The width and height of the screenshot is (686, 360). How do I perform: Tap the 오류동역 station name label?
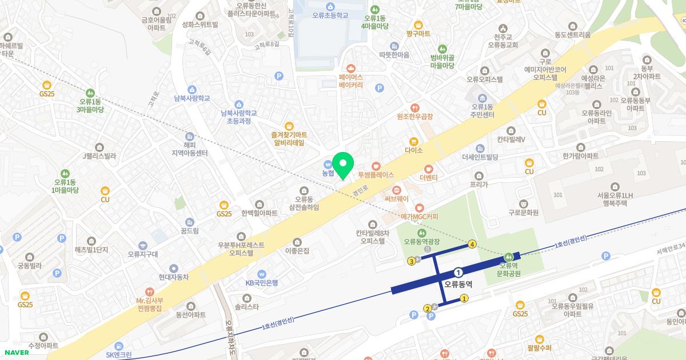point(458,283)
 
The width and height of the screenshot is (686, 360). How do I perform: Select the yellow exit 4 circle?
point(472,245)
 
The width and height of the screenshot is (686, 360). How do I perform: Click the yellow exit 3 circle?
point(411,262)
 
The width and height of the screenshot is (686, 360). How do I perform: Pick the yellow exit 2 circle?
point(427,309)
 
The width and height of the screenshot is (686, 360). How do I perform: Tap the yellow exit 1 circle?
point(464,298)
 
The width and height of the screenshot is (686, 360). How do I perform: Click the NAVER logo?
point(16,352)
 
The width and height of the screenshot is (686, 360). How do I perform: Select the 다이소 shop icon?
point(413,141)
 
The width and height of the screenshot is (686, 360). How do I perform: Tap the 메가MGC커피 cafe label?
point(419,217)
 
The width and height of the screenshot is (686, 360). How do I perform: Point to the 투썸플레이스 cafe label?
point(376,174)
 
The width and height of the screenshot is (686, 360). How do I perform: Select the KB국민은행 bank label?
point(261,282)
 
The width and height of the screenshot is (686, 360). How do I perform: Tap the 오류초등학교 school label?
point(330,15)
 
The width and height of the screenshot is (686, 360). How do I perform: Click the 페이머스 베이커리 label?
point(351,81)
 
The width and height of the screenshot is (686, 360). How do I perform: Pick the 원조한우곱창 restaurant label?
point(415,116)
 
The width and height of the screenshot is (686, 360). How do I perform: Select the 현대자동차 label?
point(174,277)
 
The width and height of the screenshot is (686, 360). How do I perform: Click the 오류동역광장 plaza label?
point(422,242)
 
